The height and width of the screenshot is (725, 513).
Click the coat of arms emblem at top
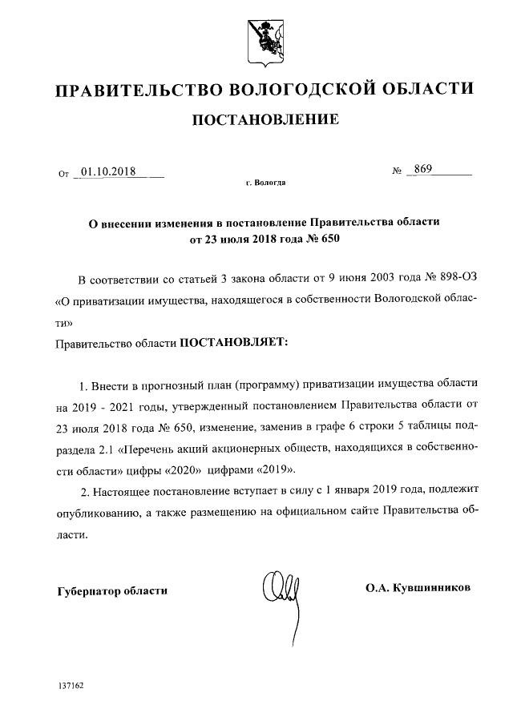pyautogui.click(x=256, y=38)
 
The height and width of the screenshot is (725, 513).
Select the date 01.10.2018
pyautogui.click(x=108, y=171)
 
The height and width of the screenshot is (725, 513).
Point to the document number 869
pyautogui.click(x=422, y=170)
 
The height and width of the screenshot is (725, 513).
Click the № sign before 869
pyautogui.click(x=395, y=171)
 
